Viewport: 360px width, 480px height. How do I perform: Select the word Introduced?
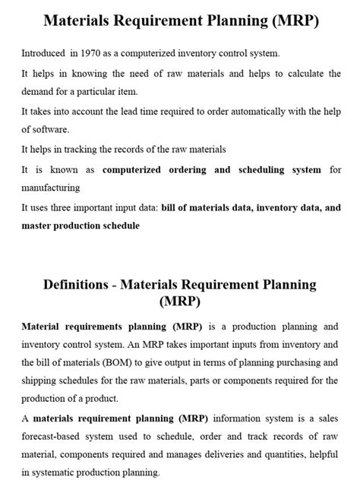[43, 54]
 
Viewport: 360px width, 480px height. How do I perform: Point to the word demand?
[39, 92]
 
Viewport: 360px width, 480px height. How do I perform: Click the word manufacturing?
[50, 187]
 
